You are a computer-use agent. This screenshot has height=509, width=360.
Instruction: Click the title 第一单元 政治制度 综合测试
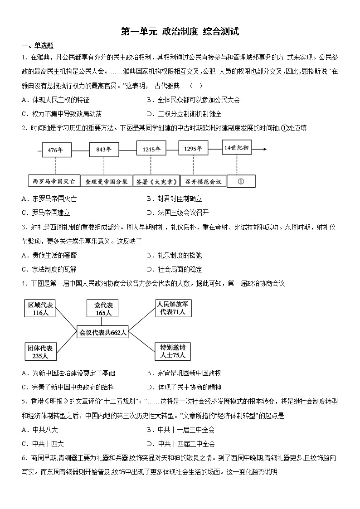tap(180, 32)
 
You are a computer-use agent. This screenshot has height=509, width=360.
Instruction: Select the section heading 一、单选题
tap(37, 45)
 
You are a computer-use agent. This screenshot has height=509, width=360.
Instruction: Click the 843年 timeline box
tap(103, 150)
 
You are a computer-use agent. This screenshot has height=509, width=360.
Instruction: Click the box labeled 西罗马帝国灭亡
tap(54, 181)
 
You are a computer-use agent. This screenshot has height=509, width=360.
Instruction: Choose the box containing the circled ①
tap(241, 181)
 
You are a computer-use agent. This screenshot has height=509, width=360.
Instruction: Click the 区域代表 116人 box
tap(40, 308)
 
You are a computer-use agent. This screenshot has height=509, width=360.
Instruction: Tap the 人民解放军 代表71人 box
tap(173, 308)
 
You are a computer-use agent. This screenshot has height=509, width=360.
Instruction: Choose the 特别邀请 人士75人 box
tap(173, 351)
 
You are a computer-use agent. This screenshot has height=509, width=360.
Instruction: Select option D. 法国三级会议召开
tap(179, 213)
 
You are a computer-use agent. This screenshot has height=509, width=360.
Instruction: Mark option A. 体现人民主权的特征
tap(55, 100)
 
